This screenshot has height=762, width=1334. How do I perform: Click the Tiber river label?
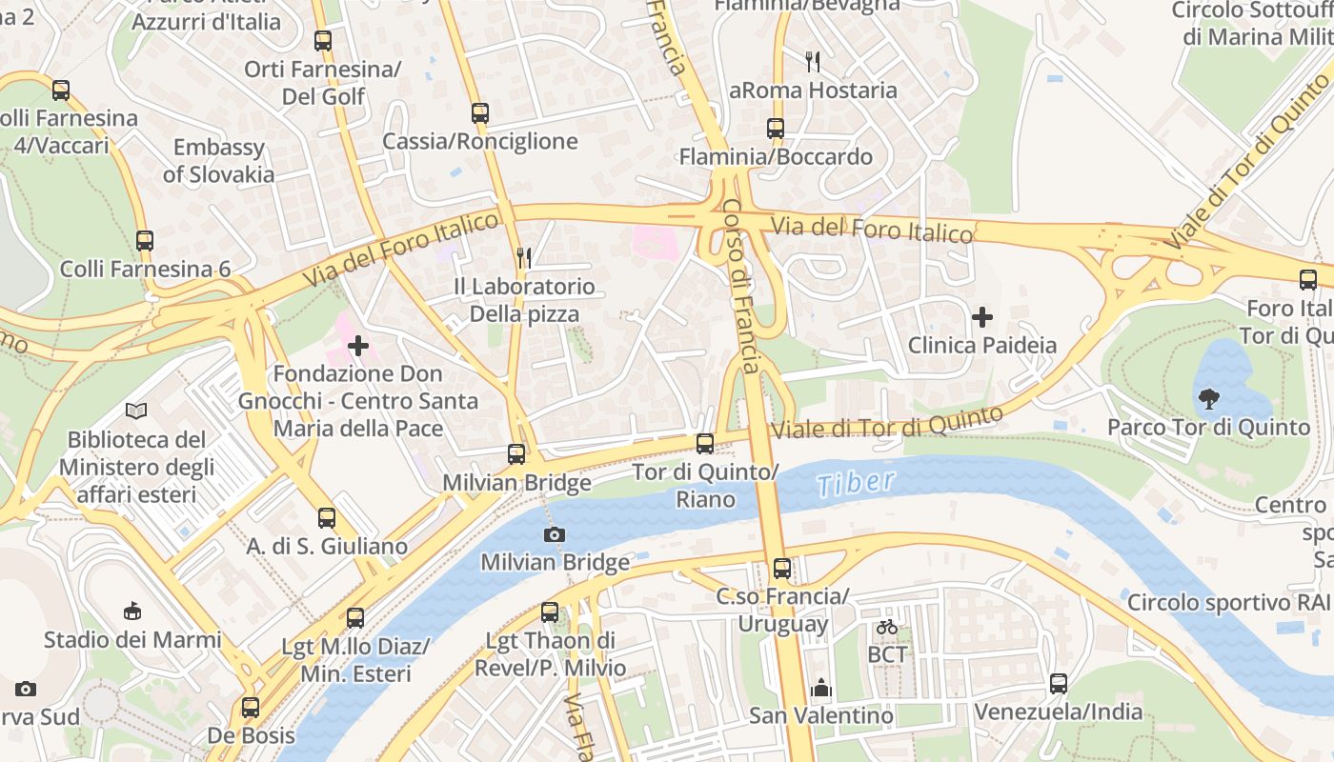click(856, 483)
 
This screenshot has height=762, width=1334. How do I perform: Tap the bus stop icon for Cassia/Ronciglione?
click(480, 113)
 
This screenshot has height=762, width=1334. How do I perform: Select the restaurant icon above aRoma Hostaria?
click(813, 62)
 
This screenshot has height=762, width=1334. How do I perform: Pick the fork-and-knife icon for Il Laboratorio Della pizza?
click(523, 257)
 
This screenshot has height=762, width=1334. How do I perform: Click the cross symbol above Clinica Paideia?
click(981, 317)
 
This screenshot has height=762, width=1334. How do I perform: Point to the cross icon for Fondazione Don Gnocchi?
click(358, 346)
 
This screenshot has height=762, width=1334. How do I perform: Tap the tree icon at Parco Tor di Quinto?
click(1208, 399)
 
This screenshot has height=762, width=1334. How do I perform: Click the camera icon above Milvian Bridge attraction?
click(554, 534)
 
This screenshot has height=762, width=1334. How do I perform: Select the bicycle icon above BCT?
click(887, 627)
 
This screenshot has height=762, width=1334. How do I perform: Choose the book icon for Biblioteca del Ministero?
click(136, 411)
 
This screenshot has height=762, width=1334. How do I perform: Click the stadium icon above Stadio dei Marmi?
click(132, 611)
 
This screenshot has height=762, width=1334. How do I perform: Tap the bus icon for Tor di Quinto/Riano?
click(705, 444)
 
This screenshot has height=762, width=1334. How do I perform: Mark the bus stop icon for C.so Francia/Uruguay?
click(782, 569)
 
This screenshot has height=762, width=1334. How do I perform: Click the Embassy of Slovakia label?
click(218, 161)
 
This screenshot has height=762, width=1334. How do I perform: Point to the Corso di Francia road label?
click(740, 286)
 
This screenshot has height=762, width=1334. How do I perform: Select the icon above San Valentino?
click(820, 687)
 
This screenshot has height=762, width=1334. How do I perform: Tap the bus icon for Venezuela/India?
click(1059, 683)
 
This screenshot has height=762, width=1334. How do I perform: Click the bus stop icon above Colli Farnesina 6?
click(145, 241)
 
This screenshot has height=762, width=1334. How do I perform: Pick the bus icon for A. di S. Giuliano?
click(327, 518)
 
